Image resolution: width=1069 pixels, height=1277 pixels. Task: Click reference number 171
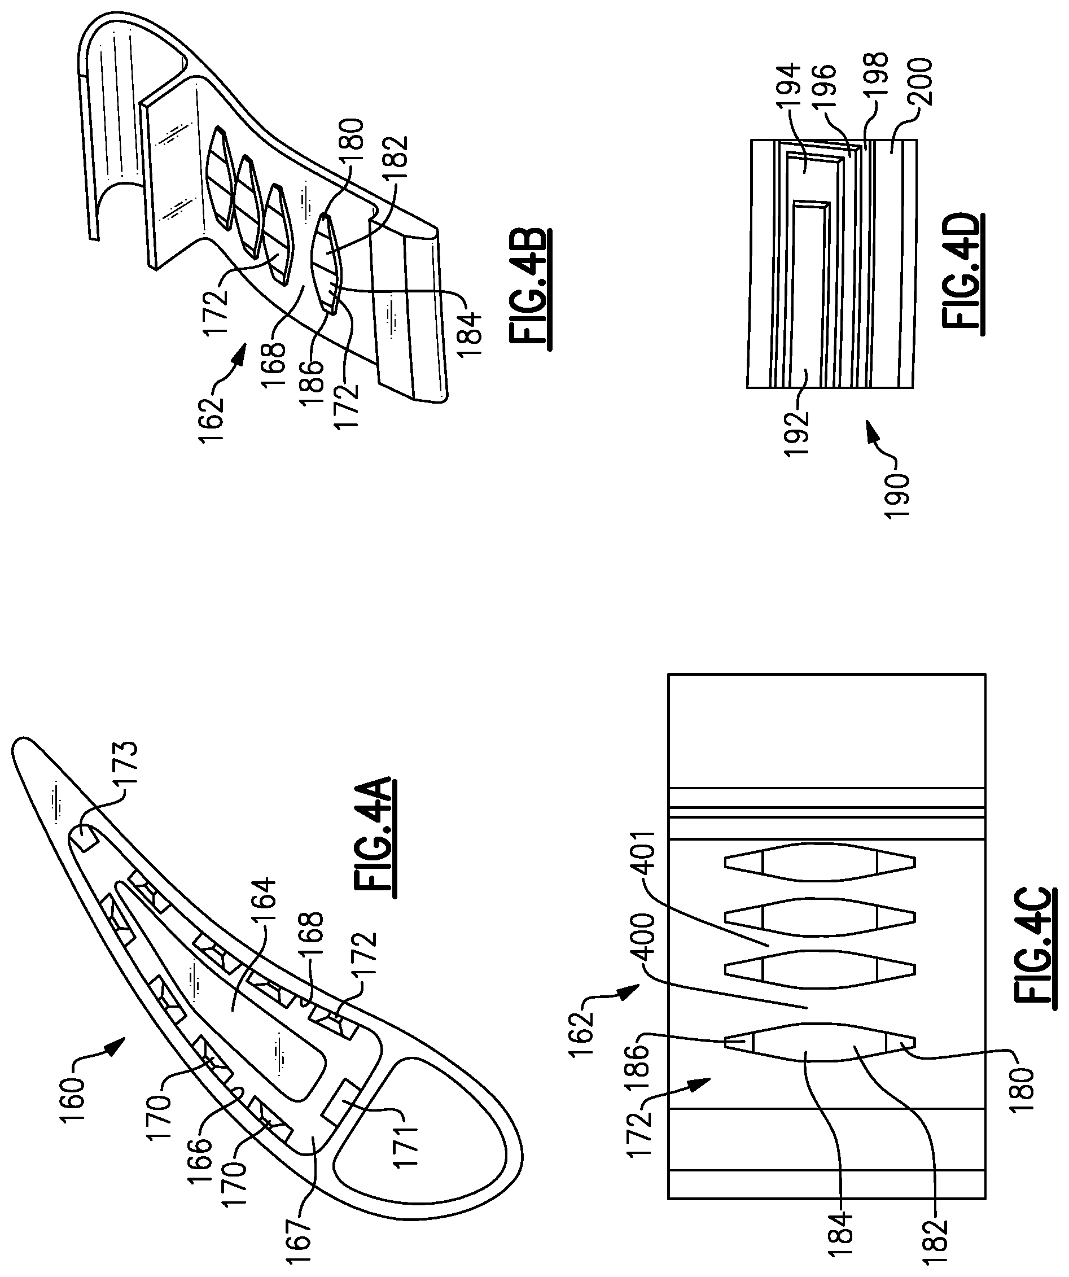[404, 1149]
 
